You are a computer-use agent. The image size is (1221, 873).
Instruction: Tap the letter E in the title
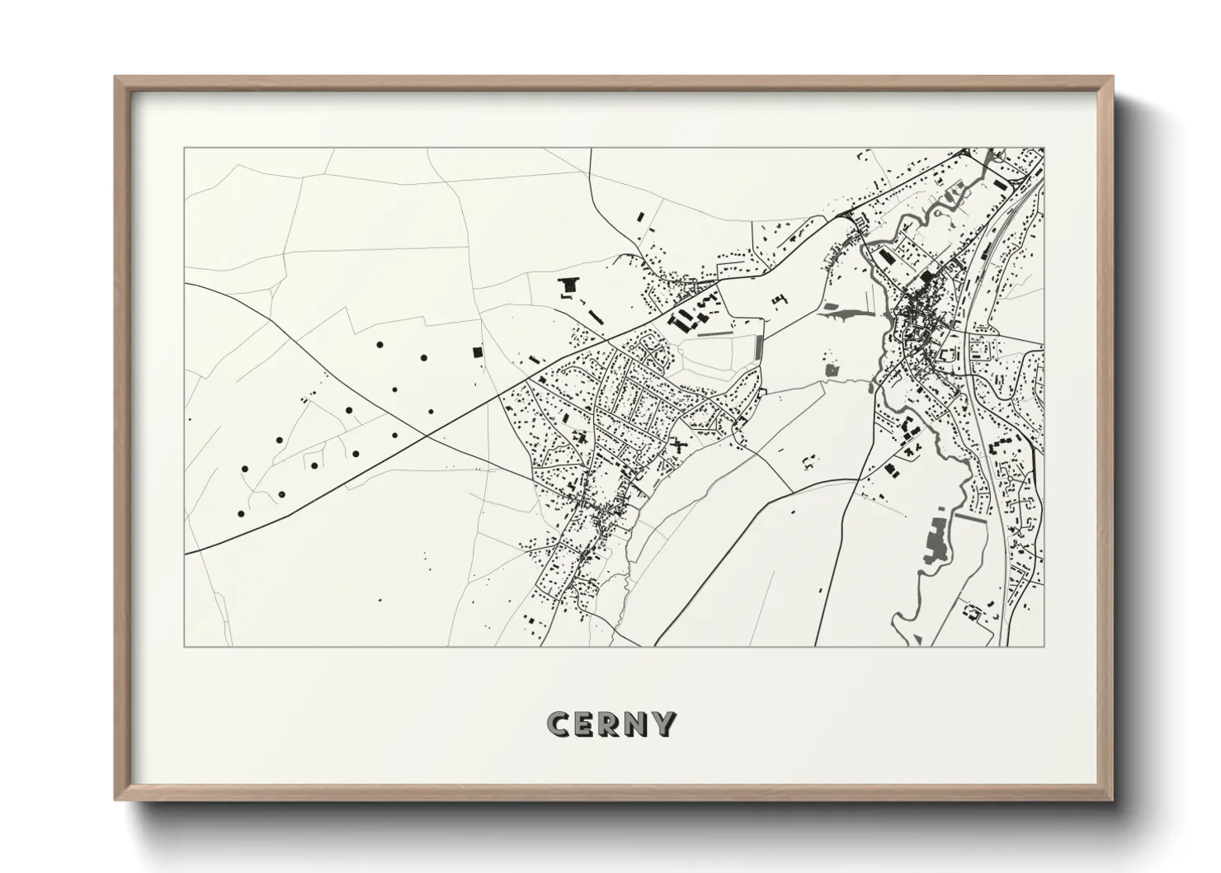pyautogui.click(x=585, y=724)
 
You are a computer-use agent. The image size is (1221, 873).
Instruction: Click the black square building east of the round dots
pyautogui.click(x=477, y=352)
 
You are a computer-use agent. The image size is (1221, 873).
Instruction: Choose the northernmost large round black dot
pyautogui.click(x=379, y=344)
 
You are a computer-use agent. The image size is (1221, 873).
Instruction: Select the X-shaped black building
pyautogui.click(x=680, y=445)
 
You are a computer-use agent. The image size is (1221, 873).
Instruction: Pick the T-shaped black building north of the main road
pyautogui.click(x=567, y=287)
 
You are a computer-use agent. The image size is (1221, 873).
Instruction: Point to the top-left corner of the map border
pyautogui.click(x=184, y=149)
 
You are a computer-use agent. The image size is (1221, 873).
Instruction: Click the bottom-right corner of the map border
pyautogui.click(x=1044, y=646)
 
